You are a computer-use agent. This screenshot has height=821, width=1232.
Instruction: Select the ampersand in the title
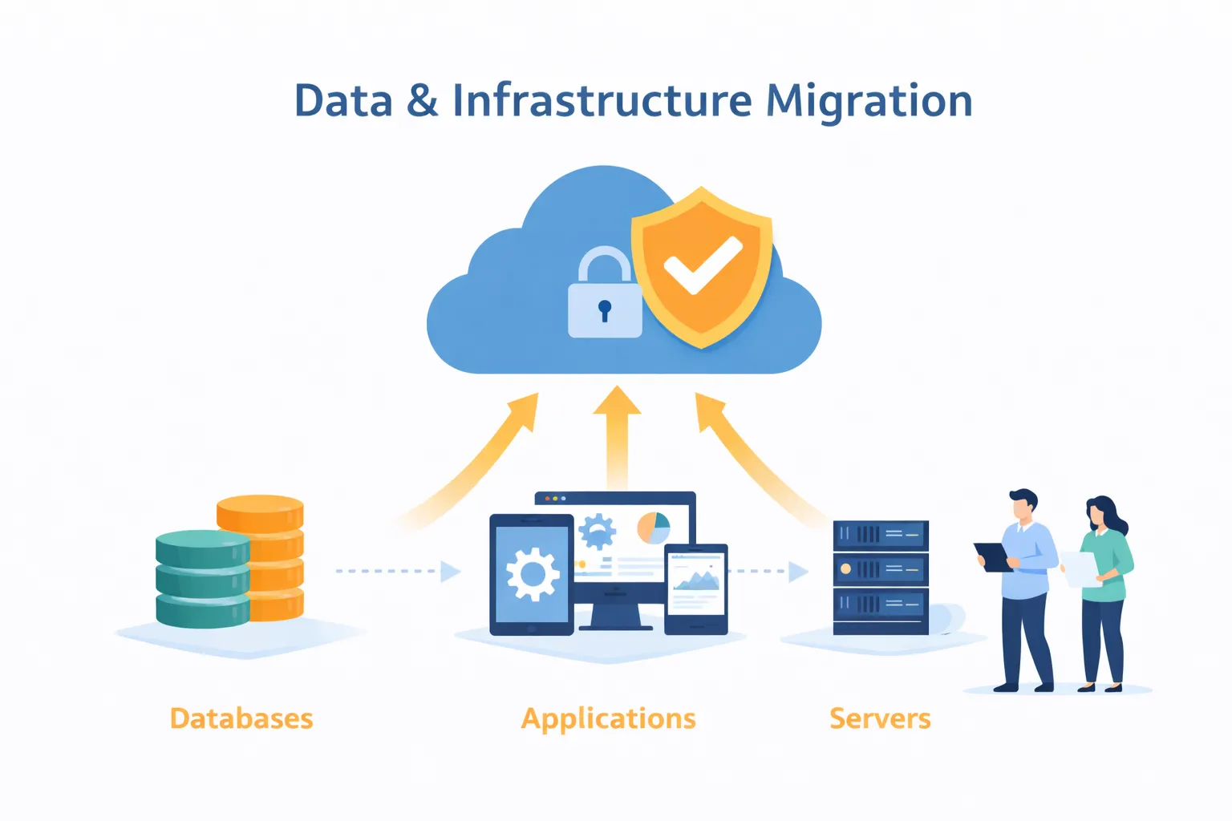pos(422,102)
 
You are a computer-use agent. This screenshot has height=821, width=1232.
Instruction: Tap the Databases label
pos(241,718)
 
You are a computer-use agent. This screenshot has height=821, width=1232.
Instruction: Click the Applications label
pos(609,718)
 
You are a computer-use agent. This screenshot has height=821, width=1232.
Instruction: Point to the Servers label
pos(880,718)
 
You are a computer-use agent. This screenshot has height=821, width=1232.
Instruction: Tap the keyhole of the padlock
pos(605,309)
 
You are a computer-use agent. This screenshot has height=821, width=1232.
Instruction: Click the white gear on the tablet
pos(533,573)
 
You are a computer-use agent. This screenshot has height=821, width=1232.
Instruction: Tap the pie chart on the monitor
pos(654,528)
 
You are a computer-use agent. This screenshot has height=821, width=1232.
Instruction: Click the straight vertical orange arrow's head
pos(617,401)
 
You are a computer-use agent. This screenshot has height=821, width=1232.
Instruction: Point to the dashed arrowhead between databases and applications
pos(451,572)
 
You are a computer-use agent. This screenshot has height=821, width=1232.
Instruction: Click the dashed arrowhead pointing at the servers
pos(798,572)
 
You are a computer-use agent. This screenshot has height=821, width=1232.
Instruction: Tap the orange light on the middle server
pos(845,569)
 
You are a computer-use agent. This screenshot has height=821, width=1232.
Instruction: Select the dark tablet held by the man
pos(993,556)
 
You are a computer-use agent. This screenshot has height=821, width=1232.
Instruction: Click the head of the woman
pos(1100,513)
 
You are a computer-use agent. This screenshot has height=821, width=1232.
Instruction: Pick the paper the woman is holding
pos(1081,568)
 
